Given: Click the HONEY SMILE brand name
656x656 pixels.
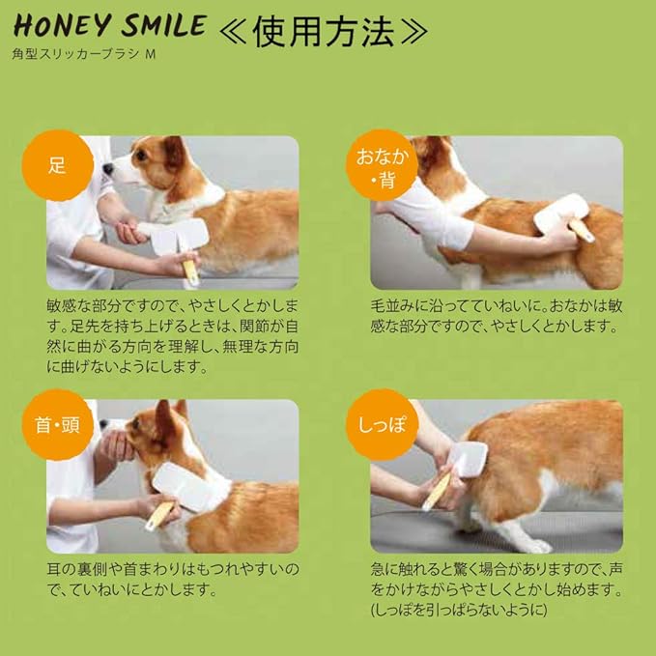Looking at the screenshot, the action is point(110,25).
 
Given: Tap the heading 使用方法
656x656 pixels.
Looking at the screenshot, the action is point(324,32).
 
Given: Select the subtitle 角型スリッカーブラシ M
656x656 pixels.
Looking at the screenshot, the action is point(84,54).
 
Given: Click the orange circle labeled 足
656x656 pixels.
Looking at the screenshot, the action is point(57,165).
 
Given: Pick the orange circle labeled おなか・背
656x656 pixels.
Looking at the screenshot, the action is point(382,165).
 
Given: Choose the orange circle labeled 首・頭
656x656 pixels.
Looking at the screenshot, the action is point(57,425).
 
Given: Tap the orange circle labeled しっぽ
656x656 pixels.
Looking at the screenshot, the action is point(382,425).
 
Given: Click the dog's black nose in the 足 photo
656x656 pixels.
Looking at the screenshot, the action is point(108,169).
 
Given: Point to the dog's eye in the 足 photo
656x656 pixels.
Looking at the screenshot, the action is point(140,157).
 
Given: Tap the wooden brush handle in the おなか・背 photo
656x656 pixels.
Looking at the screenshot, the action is point(582,231).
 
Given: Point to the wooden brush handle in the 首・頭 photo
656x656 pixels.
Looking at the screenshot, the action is point(159,516).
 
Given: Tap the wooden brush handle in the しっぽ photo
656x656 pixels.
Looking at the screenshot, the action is point(437,493).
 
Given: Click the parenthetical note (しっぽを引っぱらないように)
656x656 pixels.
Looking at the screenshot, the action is point(459,610).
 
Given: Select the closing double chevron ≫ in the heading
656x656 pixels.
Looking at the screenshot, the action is point(415,32).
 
